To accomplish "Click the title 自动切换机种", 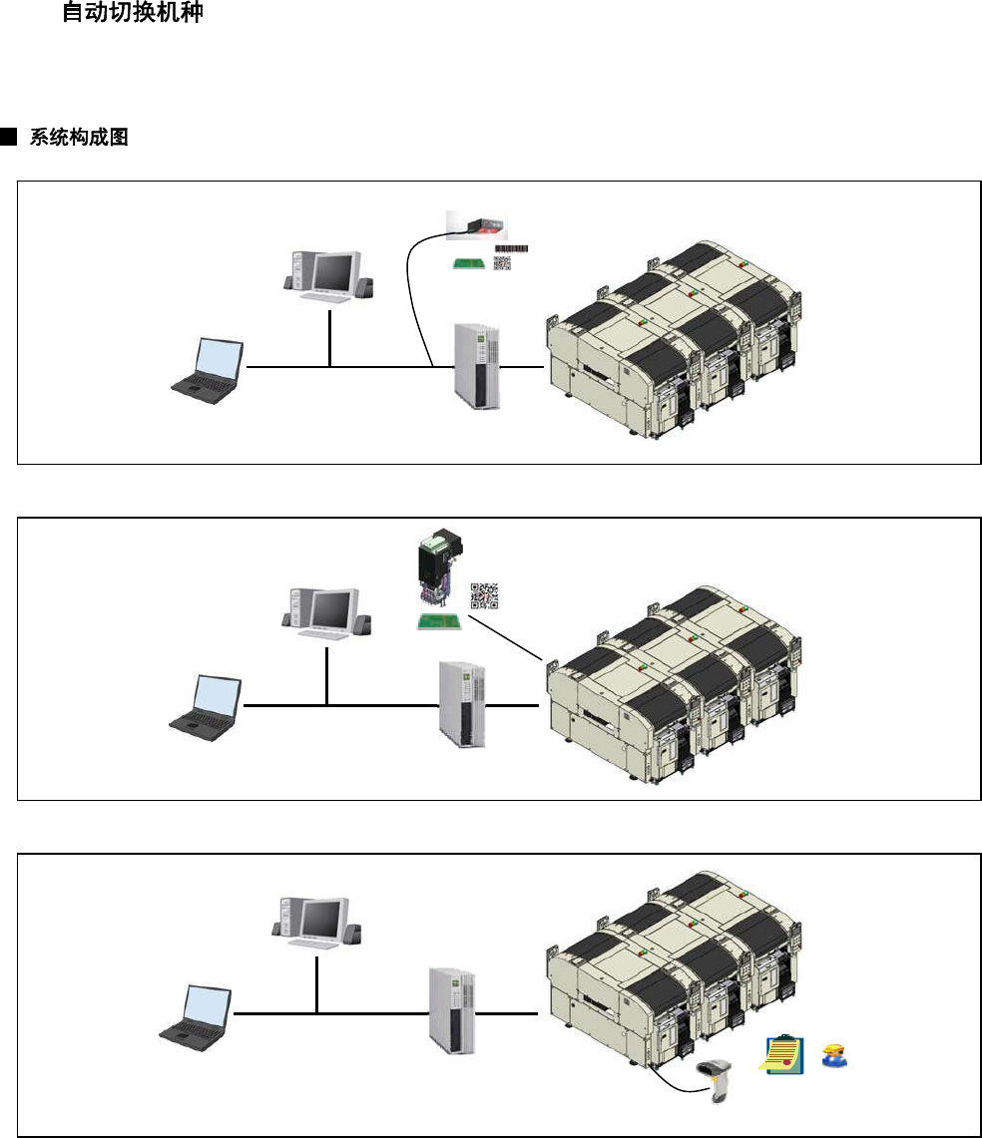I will [x=133, y=14].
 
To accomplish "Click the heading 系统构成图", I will [x=79, y=138].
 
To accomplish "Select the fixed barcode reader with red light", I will [x=475, y=223].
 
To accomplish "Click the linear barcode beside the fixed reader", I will [x=512, y=248].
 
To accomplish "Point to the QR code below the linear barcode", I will [x=502, y=263].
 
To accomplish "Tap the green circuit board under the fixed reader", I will [x=468, y=264].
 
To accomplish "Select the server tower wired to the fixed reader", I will [x=476, y=365].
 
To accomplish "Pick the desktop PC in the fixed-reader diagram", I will [x=329, y=275].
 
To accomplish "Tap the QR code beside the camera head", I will [x=484, y=595].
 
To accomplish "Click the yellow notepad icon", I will [x=783, y=1055].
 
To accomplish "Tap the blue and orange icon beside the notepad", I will [x=833, y=1056].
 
